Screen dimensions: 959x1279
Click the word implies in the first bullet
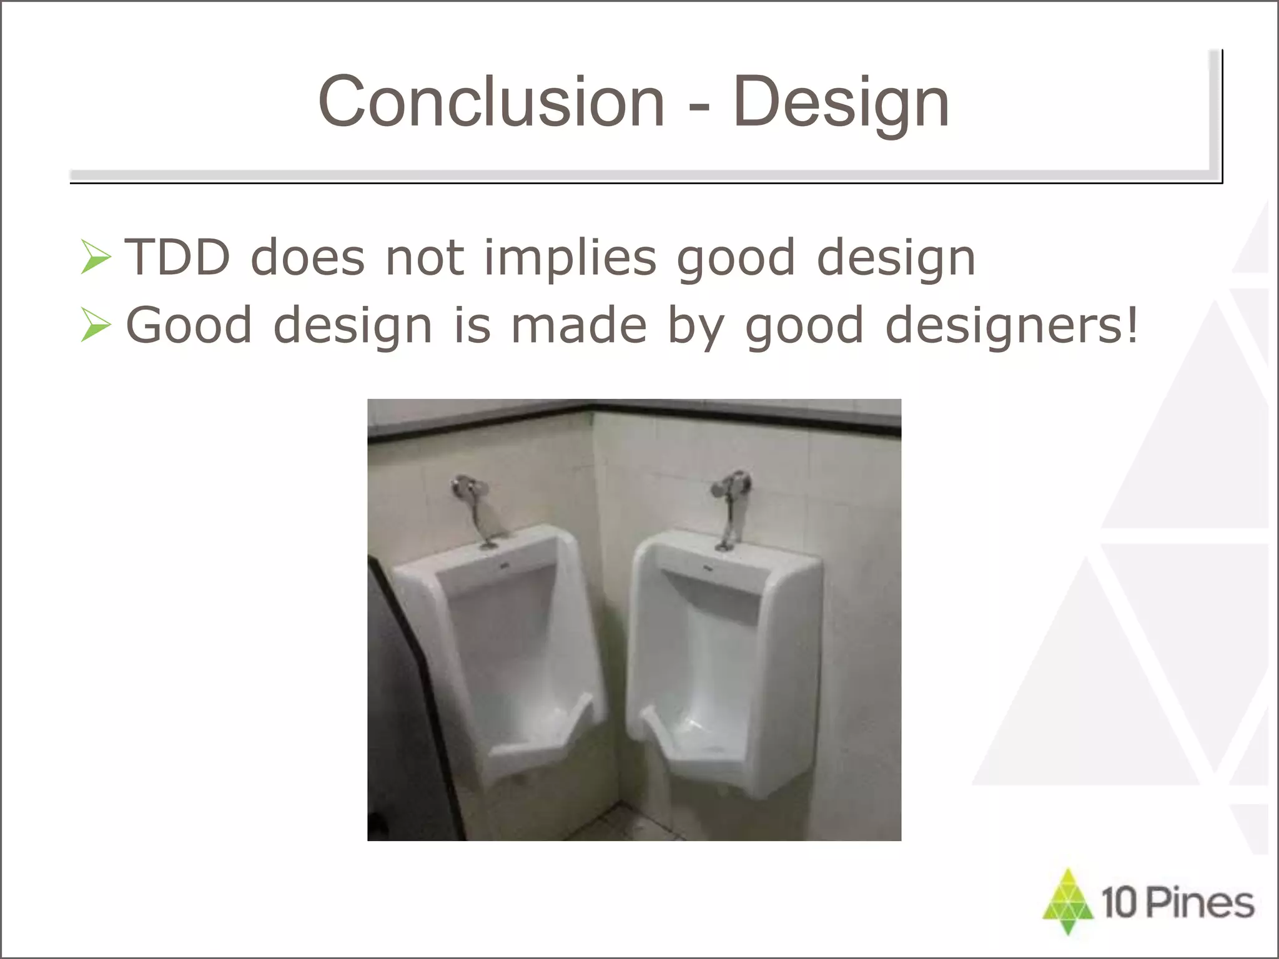point(570,258)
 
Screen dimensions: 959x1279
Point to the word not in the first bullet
point(425,258)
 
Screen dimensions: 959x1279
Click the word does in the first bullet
point(307,258)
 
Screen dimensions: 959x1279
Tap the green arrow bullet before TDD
point(96,258)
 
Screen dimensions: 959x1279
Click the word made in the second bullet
point(578,325)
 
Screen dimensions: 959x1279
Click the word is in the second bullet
point(472,325)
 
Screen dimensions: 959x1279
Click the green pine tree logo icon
point(1068,900)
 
